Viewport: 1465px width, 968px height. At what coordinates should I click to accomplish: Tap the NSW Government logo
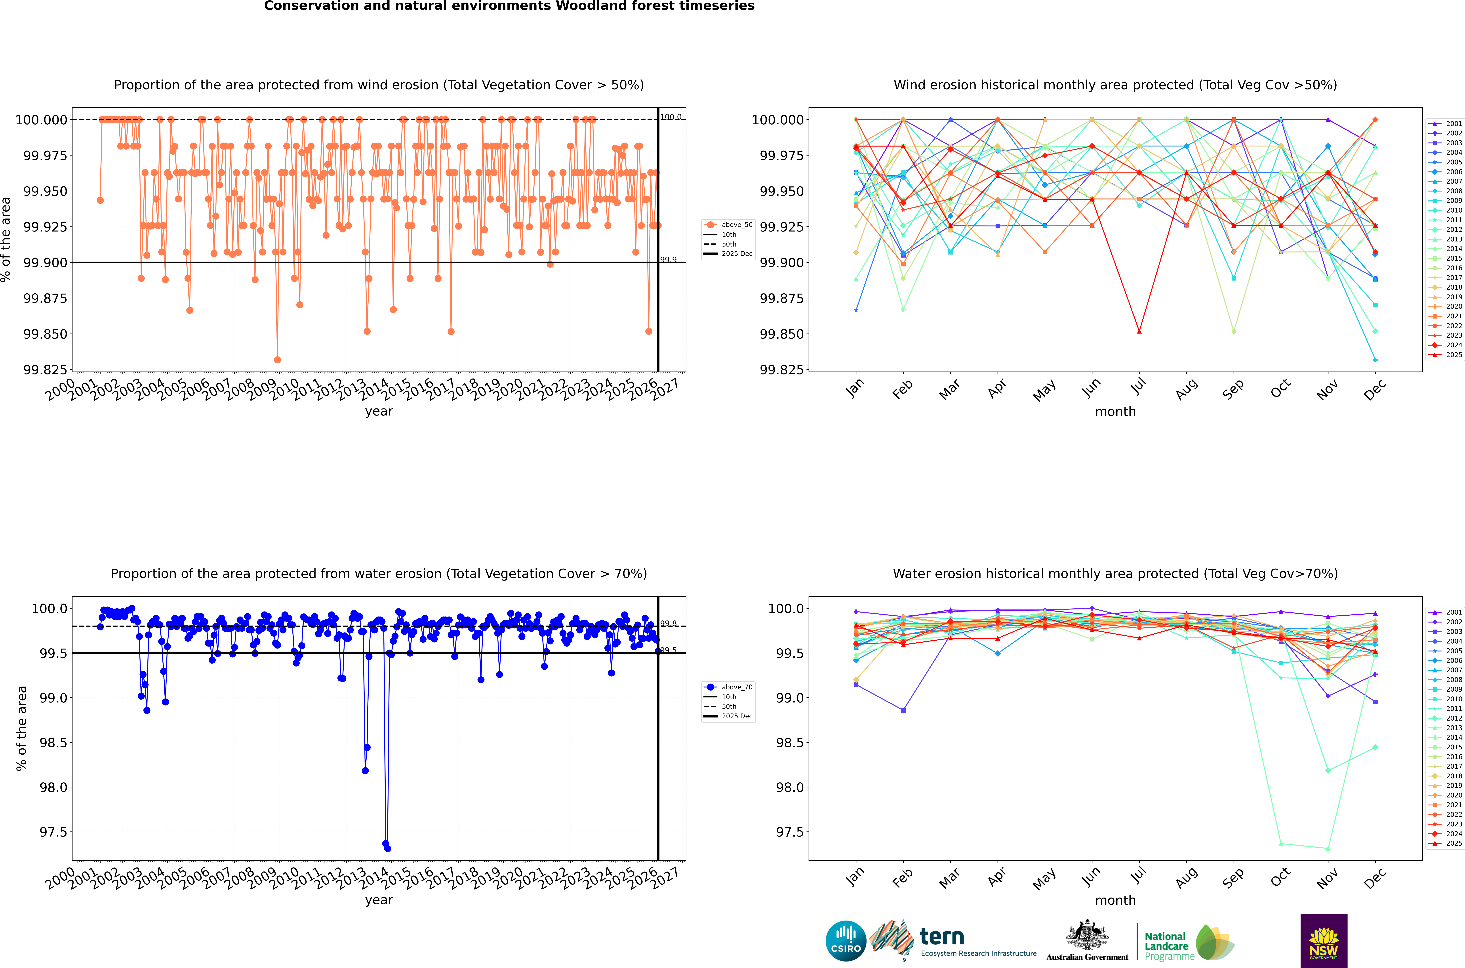click(x=1324, y=941)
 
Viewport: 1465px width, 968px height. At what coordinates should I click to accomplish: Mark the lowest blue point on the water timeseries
click(x=388, y=848)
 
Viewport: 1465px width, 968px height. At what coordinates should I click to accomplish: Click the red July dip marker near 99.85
click(x=1139, y=332)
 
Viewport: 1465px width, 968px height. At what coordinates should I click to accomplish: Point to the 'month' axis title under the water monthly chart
click(x=1115, y=900)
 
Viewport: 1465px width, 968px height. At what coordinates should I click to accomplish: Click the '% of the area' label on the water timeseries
click(x=22, y=729)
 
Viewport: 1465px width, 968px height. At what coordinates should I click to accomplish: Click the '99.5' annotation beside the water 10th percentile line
click(x=669, y=650)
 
